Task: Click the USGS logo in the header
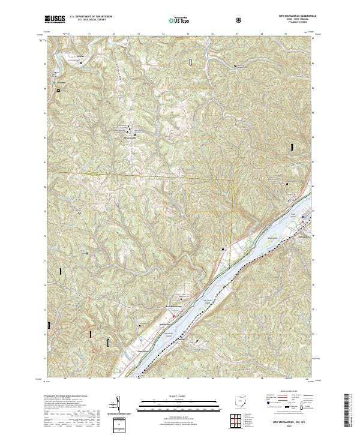[x=55, y=19]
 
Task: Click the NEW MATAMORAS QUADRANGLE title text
[x=295, y=14]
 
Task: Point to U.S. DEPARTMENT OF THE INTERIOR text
[x=91, y=17]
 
